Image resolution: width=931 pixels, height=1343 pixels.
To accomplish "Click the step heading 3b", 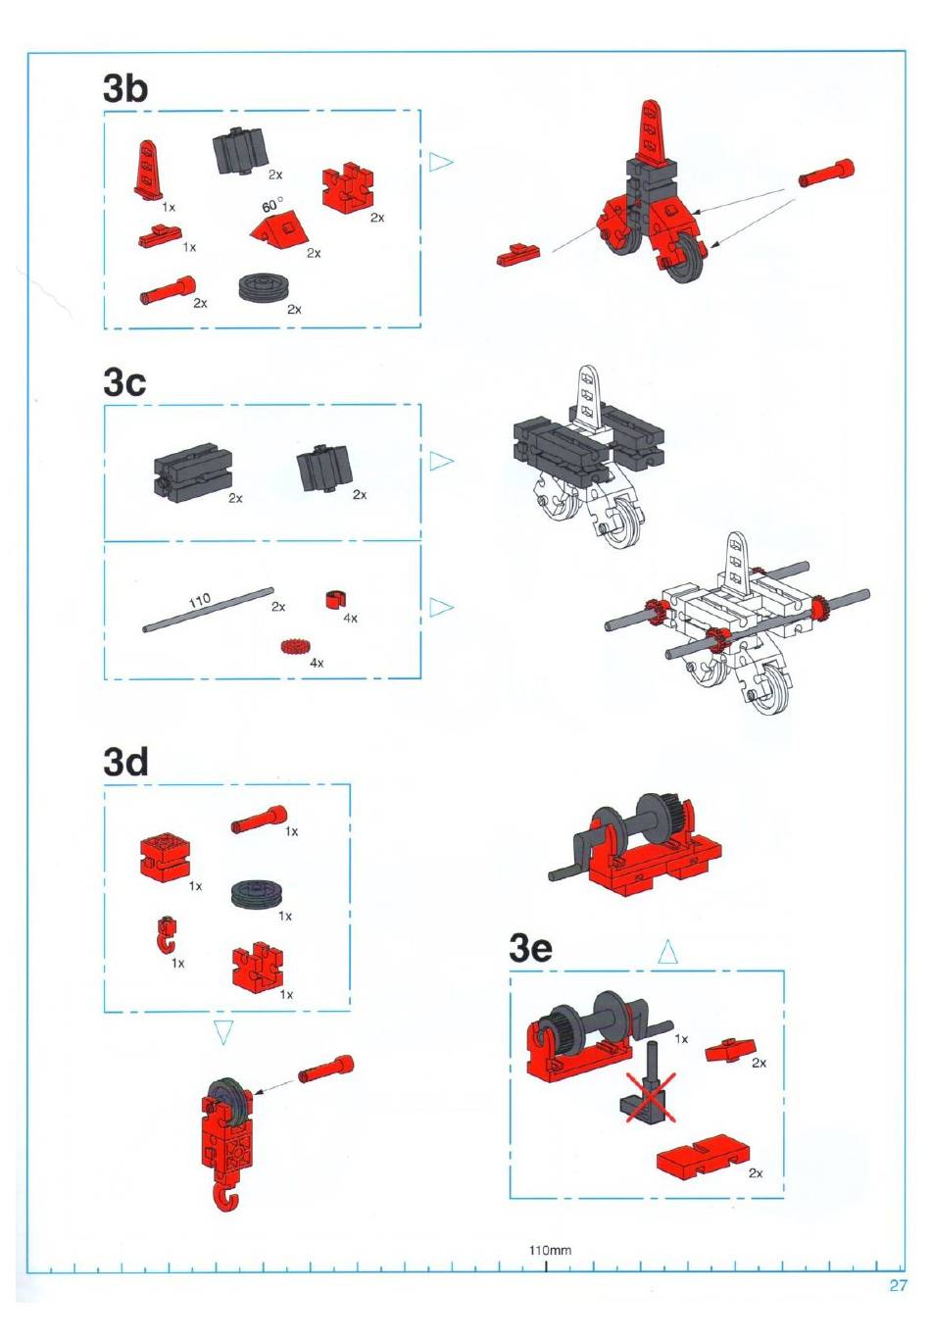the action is [124, 88].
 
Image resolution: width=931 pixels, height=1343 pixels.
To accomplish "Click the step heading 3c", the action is [124, 382].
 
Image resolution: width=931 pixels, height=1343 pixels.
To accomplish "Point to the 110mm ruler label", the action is [550, 1250].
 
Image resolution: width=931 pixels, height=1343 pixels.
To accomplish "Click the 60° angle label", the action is [272, 206].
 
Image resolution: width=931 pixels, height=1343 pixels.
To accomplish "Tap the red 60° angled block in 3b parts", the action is [278, 230].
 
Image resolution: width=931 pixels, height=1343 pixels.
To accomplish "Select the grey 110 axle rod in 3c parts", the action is [208, 609].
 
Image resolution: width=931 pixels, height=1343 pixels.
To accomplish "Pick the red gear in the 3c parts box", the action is [294, 648].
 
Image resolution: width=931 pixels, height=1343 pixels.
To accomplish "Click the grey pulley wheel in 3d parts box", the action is [256, 895].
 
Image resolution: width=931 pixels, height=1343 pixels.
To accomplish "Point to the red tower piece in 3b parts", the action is [148, 170].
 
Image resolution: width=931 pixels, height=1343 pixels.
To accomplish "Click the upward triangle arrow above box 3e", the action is [667, 952].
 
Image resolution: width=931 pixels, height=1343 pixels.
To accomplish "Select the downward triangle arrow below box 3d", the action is [223, 1033].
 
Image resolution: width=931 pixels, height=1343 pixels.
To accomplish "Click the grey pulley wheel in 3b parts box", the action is [264, 288].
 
